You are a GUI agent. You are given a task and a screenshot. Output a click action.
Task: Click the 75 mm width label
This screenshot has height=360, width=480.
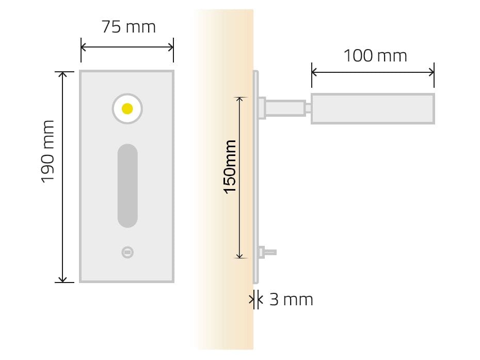tap(129, 27)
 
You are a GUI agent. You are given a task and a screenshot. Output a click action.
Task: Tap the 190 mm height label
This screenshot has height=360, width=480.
tap(48, 151)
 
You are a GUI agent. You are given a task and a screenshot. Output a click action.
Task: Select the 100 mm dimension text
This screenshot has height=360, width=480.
tap(375, 55)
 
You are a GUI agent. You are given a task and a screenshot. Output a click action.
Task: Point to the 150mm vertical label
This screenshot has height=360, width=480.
tap(230, 166)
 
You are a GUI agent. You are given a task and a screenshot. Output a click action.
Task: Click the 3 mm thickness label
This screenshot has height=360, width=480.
tap(291, 300)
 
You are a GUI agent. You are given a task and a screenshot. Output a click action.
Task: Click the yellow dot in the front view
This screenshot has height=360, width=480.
tap(127, 108)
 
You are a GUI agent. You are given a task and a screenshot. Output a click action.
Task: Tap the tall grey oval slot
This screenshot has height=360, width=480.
tap(127, 185)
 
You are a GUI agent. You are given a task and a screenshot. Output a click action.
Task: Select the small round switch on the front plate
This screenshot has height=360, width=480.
tap(127, 252)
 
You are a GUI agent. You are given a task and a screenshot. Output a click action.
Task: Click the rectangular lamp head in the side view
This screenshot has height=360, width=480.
tap(372, 108)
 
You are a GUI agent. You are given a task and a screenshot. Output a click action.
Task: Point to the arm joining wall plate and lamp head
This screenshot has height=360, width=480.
tap(284, 108)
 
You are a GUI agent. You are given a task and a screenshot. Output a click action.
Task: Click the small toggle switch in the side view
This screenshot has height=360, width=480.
tap(269, 252)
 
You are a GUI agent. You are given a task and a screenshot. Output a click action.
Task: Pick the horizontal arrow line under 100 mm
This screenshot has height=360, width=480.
tap(373, 72)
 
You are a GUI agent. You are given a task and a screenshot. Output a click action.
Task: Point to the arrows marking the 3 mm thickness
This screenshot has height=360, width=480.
tap(255, 299)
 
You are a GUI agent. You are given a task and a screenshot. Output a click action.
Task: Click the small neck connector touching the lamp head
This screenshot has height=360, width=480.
tap(308, 108)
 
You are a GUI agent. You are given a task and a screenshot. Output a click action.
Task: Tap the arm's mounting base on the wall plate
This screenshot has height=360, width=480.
tap(261, 108)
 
